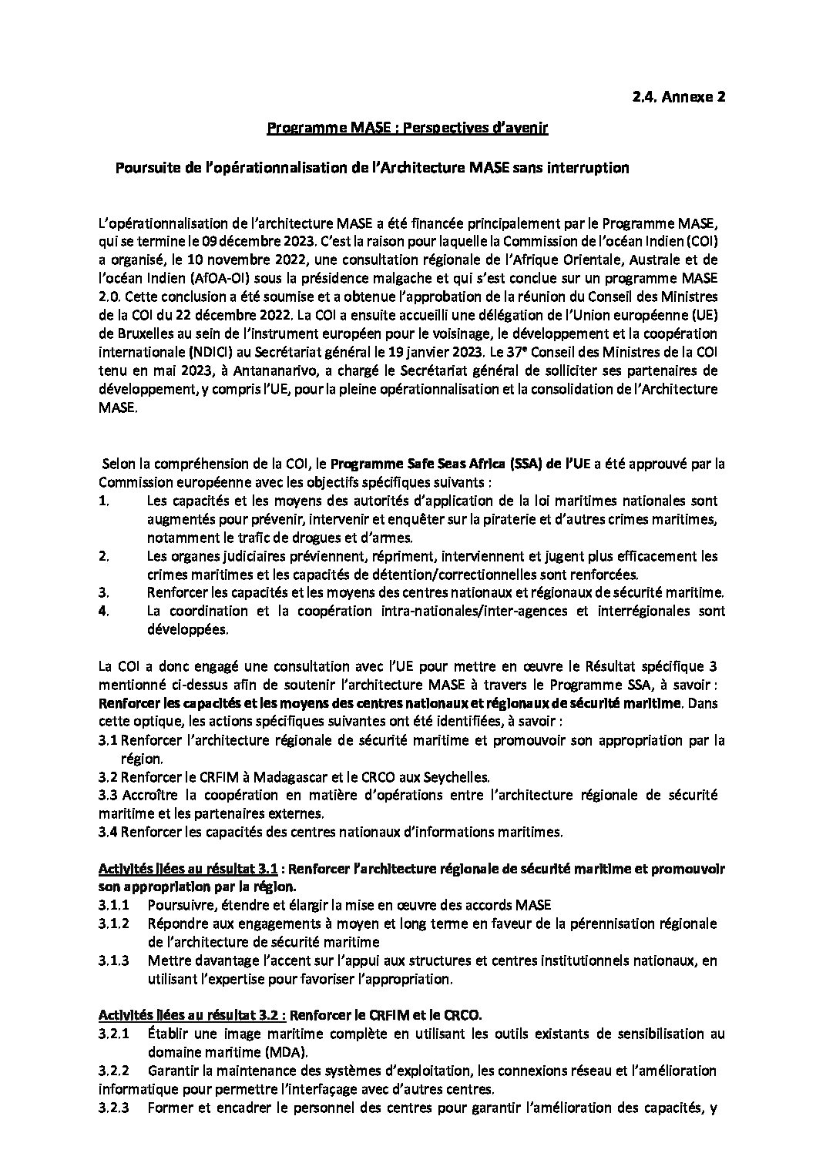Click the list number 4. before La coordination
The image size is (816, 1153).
point(104,612)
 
